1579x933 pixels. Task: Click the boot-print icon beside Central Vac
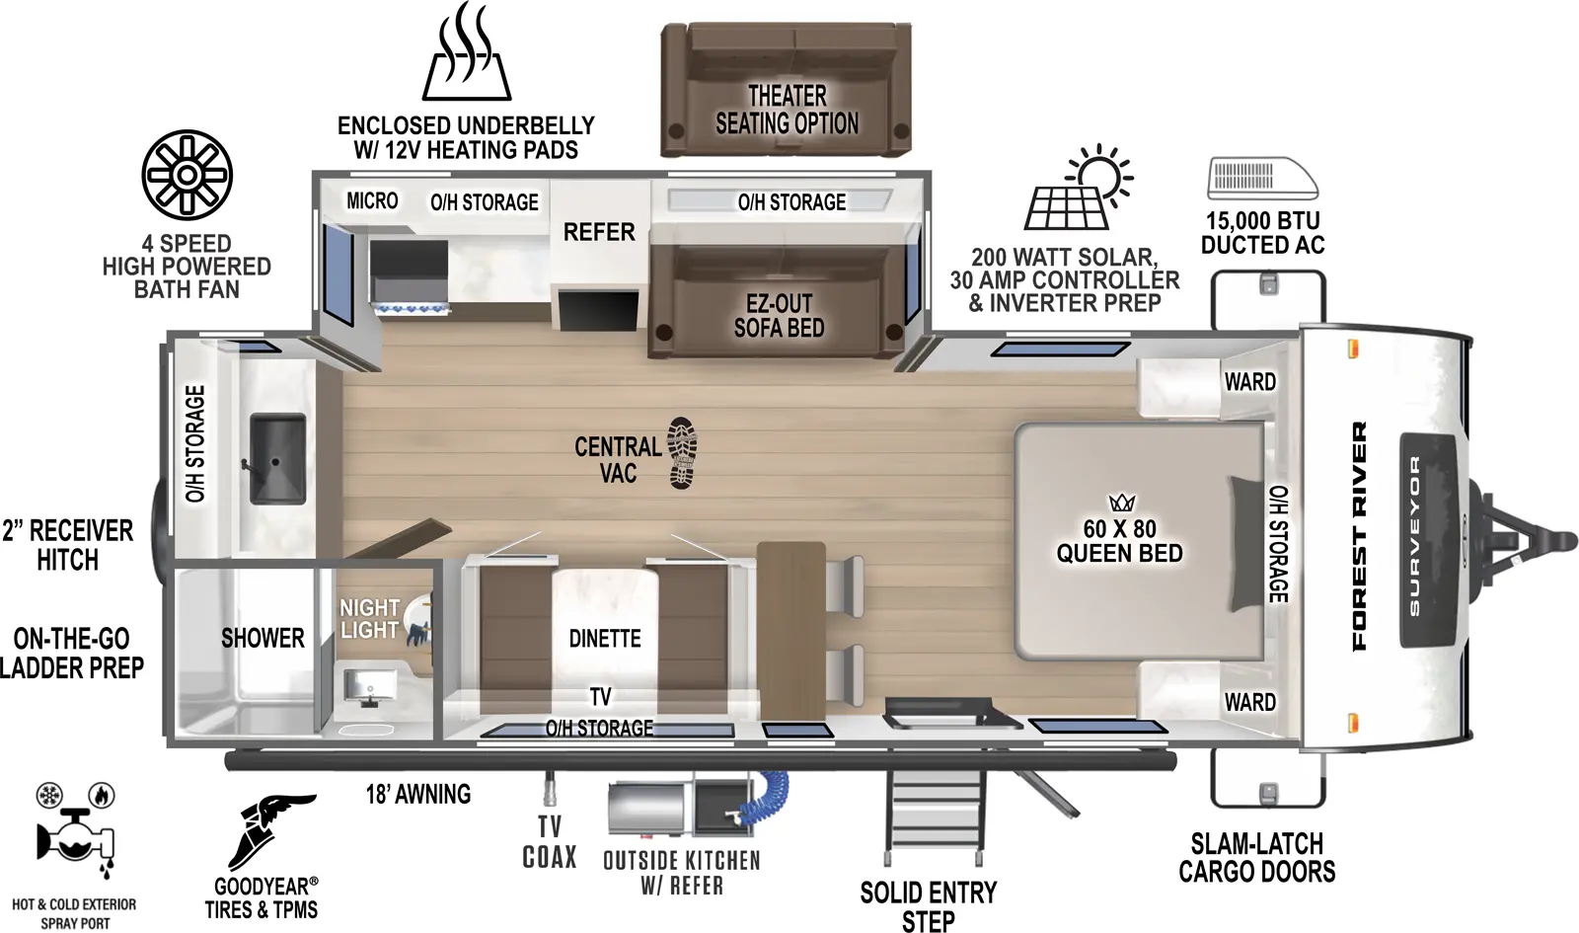point(682,453)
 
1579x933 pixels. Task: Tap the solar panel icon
point(1078,190)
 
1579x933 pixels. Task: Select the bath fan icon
point(187,175)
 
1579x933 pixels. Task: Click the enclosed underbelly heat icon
point(467,53)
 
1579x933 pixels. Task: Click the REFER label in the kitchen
point(599,232)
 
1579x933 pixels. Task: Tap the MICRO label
point(372,201)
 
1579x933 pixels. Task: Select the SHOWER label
point(263,638)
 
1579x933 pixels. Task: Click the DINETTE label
point(605,639)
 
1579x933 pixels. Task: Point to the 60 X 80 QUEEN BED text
point(1119,541)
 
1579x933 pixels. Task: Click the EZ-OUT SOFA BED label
point(779,316)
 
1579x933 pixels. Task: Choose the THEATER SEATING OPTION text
point(787,110)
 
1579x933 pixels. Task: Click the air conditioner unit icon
point(1262,179)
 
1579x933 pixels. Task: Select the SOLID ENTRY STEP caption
point(928,906)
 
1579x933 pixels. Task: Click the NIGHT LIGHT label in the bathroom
point(369,619)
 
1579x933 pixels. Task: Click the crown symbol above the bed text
point(1122,503)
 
